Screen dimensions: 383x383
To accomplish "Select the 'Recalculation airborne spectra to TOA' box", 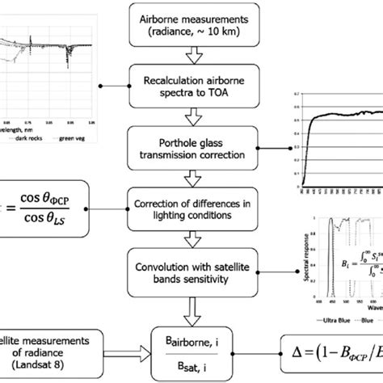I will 191,82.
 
